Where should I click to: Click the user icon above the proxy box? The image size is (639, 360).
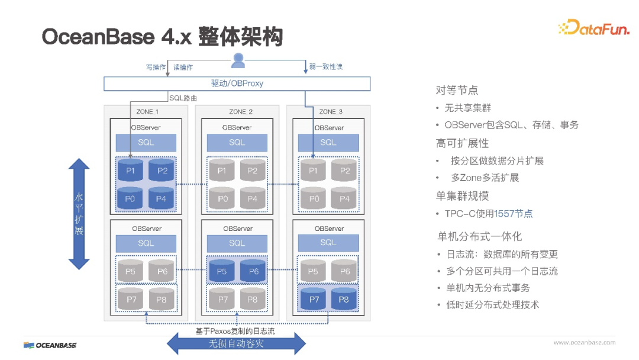pyautogui.click(x=238, y=60)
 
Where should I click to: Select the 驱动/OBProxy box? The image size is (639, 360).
pyautogui.click(x=237, y=83)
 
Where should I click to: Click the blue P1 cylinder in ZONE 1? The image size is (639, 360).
pyautogui.click(x=130, y=171)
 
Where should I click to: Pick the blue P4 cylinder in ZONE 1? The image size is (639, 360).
pyautogui.click(x=161, y=198)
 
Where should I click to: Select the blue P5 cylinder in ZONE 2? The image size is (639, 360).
pyautogui.click(x=222, y=271)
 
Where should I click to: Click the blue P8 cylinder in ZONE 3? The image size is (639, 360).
pyautogui.click(x=344, y=300)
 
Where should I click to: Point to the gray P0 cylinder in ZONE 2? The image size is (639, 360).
pyautogui.click(x=222, y=198)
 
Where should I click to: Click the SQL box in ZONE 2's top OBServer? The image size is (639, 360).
pyautogui.click(x=237, y=142)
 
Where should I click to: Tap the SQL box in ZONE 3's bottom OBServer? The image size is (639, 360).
pyautogui.click(x=328, y=243)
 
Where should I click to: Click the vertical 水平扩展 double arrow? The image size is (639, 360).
pyautogui.click(x=79, y=214)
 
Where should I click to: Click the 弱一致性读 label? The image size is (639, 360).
pyautogui.click(x=325, y=67)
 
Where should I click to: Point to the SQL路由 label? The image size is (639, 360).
pyautogui.click(x=183, y=98)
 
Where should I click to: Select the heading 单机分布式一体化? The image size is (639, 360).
pyautogui.click(x=479, y=236)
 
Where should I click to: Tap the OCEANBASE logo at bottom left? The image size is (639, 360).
pyautogui.click(x=50, y=345)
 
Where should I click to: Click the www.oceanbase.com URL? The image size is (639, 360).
pyautogui.click(x=584, y=342)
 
